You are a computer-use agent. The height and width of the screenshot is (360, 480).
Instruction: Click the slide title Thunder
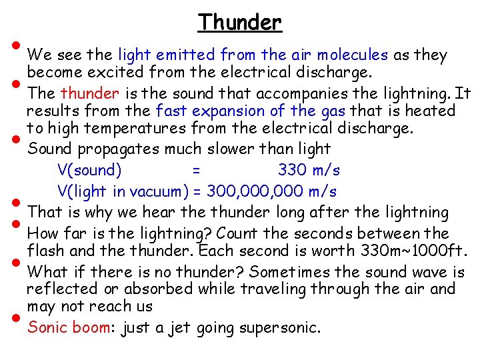(x=240, y=23)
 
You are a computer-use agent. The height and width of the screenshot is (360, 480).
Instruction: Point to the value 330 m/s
(x=309, y=170)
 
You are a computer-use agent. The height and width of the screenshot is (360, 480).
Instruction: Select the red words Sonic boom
(x=69, y=328)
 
